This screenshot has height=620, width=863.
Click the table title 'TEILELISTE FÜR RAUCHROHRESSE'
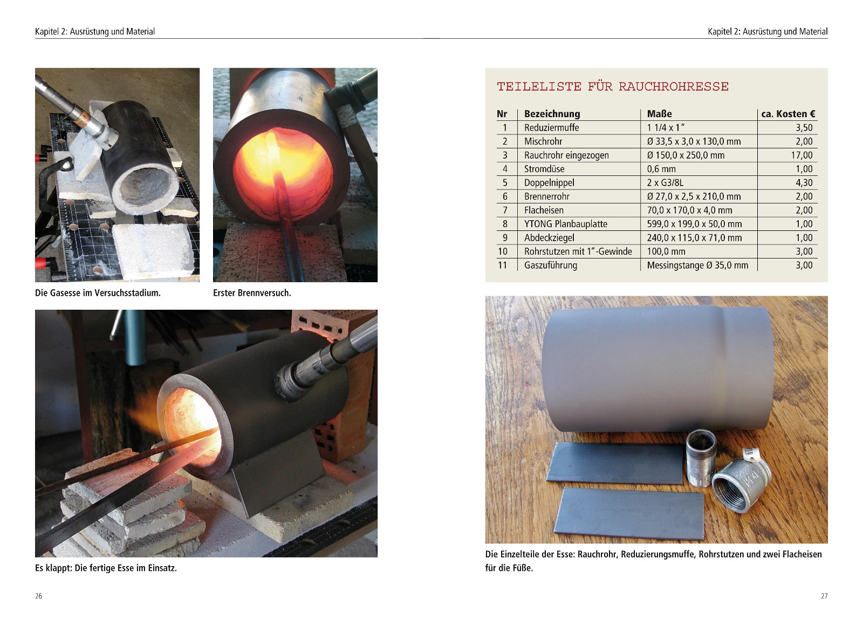coord(613,86)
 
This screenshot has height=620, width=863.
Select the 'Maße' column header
coord(659,114)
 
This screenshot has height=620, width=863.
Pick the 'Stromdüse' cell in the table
coord(544,169)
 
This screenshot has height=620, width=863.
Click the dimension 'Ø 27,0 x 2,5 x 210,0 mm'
coord(694,196)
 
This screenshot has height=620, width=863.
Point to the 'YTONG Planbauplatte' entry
coord(566,224)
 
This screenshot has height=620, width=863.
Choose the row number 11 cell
coord(502,265)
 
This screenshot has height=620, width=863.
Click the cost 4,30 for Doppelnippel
coord(804,182)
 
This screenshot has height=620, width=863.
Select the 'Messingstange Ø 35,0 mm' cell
coord(697,265)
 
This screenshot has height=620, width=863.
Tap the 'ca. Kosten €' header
coord(788,114)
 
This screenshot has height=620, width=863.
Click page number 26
coord(38,596)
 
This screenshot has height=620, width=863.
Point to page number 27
coord(824,596)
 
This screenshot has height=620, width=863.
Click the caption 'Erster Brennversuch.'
coord(252,293)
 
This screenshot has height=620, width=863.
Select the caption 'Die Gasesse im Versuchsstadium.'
coord(98,293)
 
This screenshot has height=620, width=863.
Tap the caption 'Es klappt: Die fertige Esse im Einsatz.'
coord(106,568)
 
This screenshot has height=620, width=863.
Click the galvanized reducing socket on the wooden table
coord(739,484)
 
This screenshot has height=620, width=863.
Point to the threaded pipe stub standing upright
coord(701,458)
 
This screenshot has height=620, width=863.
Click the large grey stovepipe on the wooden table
coord(657,369)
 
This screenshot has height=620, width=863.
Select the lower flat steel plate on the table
coord(629,513)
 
